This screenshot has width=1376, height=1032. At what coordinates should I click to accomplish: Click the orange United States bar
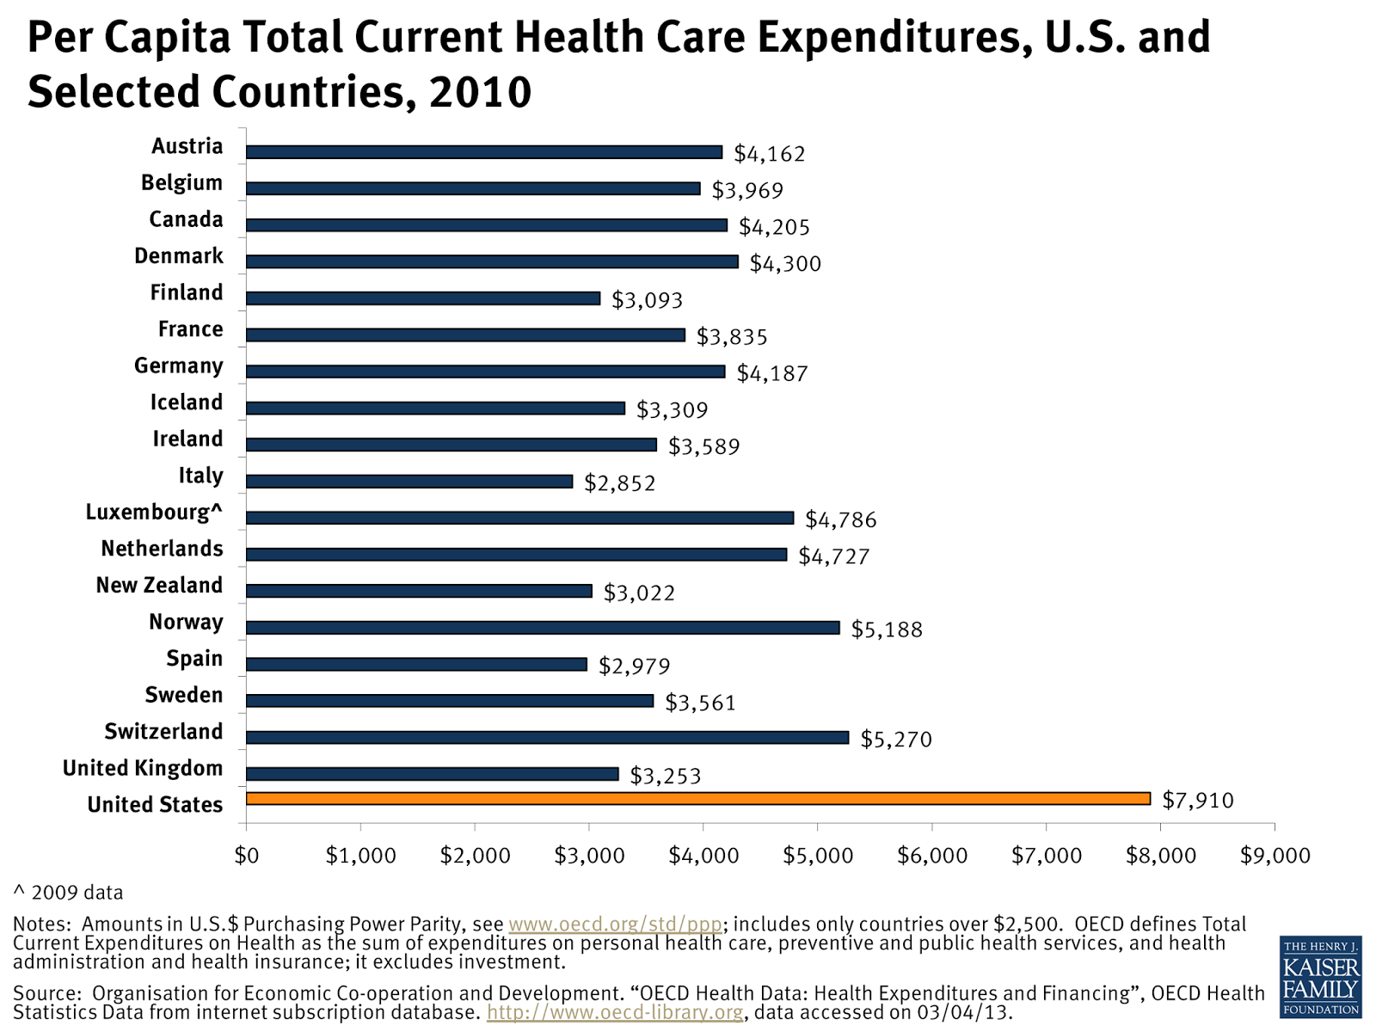pos(697,798)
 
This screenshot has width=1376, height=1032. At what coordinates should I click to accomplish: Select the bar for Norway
pos(543,628)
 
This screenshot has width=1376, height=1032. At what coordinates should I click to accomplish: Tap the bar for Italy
pos(409,482)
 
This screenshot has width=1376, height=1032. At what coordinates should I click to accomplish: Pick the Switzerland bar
pos(547,738)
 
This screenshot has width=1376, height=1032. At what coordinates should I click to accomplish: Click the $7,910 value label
pos(1197,801)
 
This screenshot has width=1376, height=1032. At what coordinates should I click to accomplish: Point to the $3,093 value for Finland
pos(647,300)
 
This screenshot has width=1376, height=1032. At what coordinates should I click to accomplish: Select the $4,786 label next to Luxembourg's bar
pos(840,519)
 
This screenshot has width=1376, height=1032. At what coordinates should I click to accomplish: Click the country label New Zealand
pos(159,586)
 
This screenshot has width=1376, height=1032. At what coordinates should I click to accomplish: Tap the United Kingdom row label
pos(143,769)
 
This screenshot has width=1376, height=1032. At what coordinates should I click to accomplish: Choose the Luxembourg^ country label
pos(154,513)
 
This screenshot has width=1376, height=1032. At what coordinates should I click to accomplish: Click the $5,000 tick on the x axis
pos(818,856)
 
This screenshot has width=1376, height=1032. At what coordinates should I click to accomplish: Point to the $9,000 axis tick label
pos(1275,856)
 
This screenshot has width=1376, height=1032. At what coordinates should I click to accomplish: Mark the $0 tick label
pos(247,856)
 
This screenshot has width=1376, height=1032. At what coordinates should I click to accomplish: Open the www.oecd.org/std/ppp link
pos(615,924)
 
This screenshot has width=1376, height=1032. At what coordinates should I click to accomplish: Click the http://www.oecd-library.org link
pos(614,1012)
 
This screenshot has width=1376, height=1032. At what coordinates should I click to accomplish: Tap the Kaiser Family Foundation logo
pos(1320,977)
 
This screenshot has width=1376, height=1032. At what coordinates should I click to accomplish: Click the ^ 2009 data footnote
pos(69,893)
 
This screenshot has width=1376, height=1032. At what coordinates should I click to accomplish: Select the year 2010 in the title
pos(480,92)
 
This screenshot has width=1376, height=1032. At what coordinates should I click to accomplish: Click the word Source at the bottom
pos(45,993)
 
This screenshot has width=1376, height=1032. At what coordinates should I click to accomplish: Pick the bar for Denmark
pos(492,261)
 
